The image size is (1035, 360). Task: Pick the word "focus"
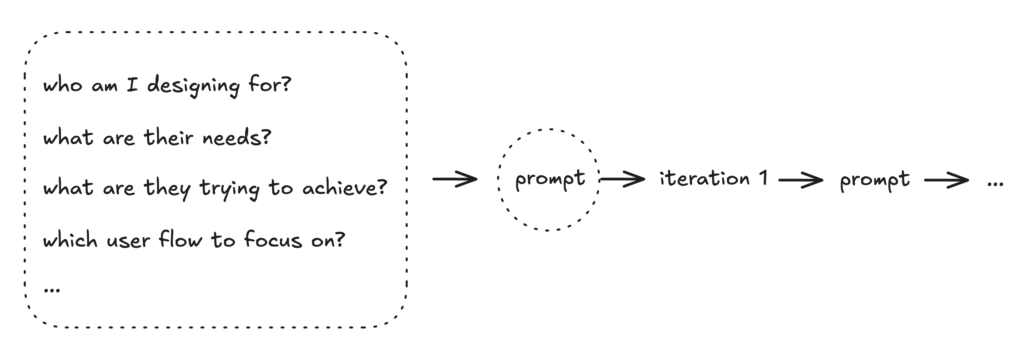coord(273,240)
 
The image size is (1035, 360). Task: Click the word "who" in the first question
coord(63,85)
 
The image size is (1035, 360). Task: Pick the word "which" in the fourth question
coord(70,240)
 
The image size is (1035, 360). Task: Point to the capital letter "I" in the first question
coord(132,85)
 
